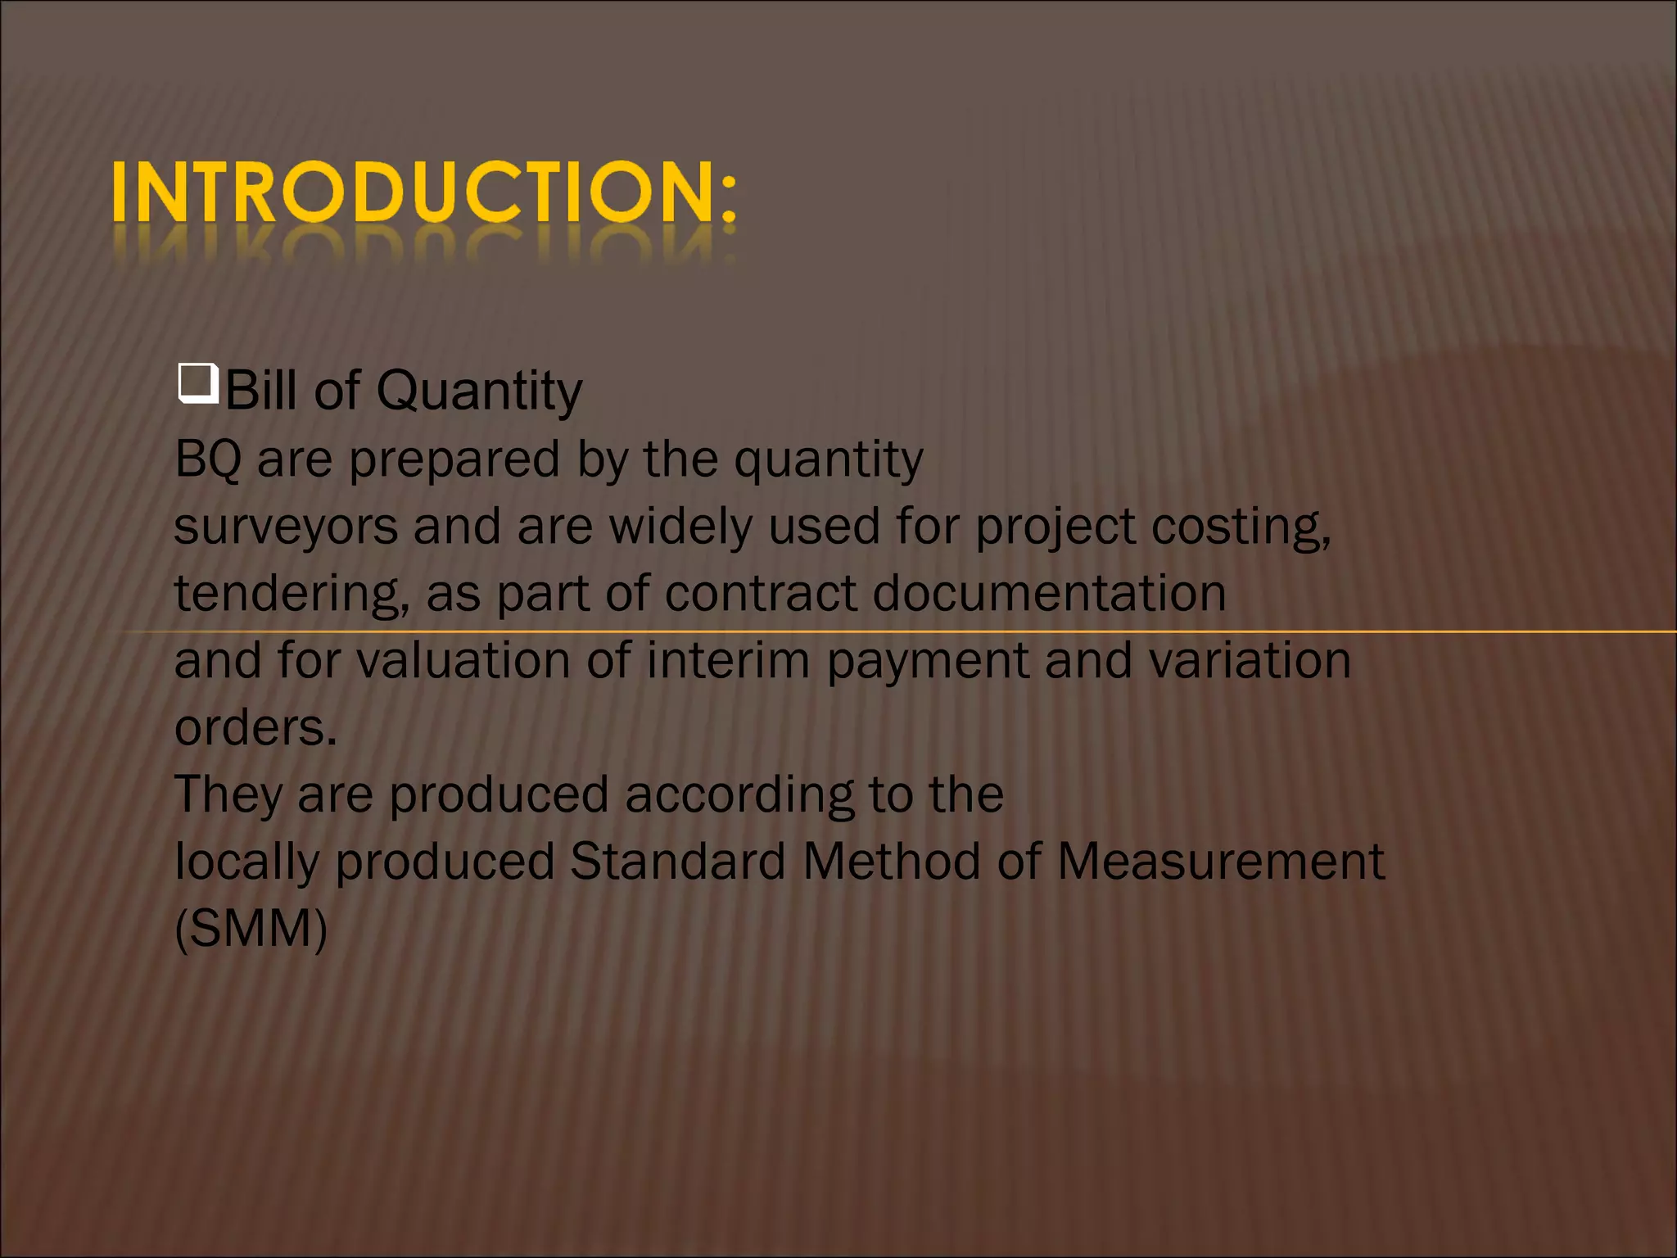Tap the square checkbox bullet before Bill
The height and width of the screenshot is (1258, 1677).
pos(197,382)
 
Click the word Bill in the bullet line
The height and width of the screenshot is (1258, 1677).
pos(260,390)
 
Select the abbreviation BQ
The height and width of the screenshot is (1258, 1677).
pos(208,459)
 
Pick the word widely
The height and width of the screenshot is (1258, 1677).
pos(680,527)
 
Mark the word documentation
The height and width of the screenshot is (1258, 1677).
pos(1049,593)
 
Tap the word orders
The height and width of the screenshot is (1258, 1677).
pos(255,727)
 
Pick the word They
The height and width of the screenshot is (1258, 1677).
pos(228,795)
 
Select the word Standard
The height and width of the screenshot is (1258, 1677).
pos(677,862)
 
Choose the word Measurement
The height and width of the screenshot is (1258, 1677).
pos(1221,862)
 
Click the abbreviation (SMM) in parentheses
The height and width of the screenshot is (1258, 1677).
pos(251,930)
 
